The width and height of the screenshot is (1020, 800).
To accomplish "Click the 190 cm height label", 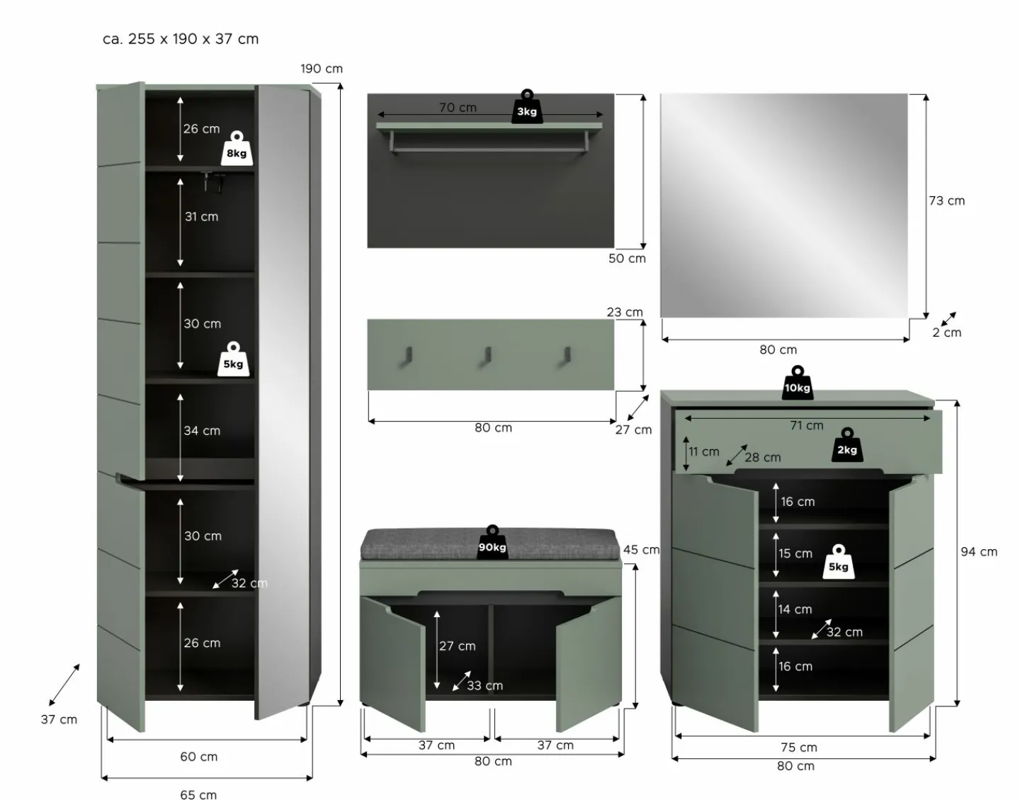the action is (322, 69).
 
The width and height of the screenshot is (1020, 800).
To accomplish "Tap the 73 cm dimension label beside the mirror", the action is (947, 201).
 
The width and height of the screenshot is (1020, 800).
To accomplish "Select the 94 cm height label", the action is (979, 552).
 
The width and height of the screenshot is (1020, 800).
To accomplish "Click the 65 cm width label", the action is (198, 794).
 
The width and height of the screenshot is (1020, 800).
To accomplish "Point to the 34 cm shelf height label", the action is (202, 431).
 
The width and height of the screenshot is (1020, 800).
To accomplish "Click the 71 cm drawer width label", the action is (806, 425).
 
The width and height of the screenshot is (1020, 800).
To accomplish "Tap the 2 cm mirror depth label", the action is (947, 332).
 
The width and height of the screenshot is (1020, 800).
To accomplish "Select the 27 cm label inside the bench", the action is (457, 646).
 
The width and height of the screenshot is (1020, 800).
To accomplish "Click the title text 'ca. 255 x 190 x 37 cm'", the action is (181, 39).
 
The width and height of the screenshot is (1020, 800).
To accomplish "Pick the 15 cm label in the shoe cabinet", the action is (795, 553).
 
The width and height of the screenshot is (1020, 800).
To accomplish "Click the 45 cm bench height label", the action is (641, 550).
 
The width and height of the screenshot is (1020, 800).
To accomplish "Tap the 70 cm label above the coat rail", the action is (458, 108).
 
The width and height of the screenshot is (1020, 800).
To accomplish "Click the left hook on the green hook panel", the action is (406, 356).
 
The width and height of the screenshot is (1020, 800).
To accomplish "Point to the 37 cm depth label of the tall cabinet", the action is (59, 719).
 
